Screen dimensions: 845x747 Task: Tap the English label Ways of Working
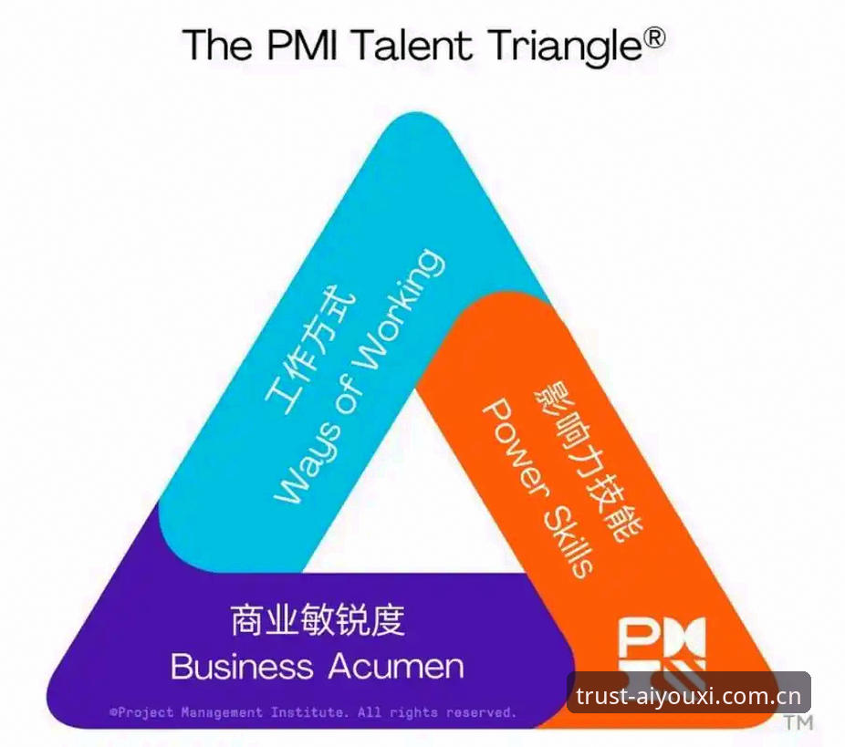pos(360,376)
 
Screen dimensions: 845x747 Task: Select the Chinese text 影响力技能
pos(589,461)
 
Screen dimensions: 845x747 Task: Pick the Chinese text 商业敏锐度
pos(318,620)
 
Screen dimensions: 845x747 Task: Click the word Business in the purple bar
pos(242,666)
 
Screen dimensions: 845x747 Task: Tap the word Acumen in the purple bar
pos(396,666)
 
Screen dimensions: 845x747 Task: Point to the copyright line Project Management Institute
pos(313,712)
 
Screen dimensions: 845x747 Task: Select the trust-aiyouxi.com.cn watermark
pos(689,696)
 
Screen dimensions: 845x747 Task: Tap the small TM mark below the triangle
pos(798,722)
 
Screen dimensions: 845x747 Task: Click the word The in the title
pos(217,45)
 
